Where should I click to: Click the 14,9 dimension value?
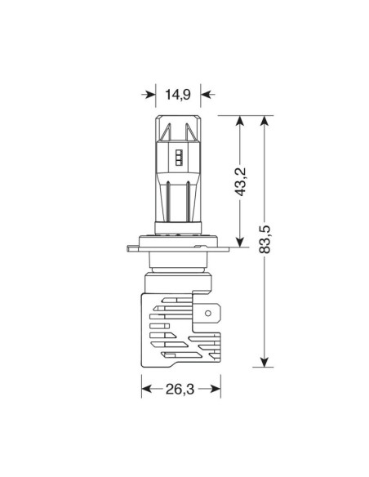[178, 94]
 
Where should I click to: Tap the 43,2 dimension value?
[241, 181]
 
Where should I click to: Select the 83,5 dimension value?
[265, 239]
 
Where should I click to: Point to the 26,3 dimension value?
[180, 389]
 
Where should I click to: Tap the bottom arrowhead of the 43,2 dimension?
[240, 242]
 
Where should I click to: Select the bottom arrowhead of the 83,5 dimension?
[265, 362]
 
